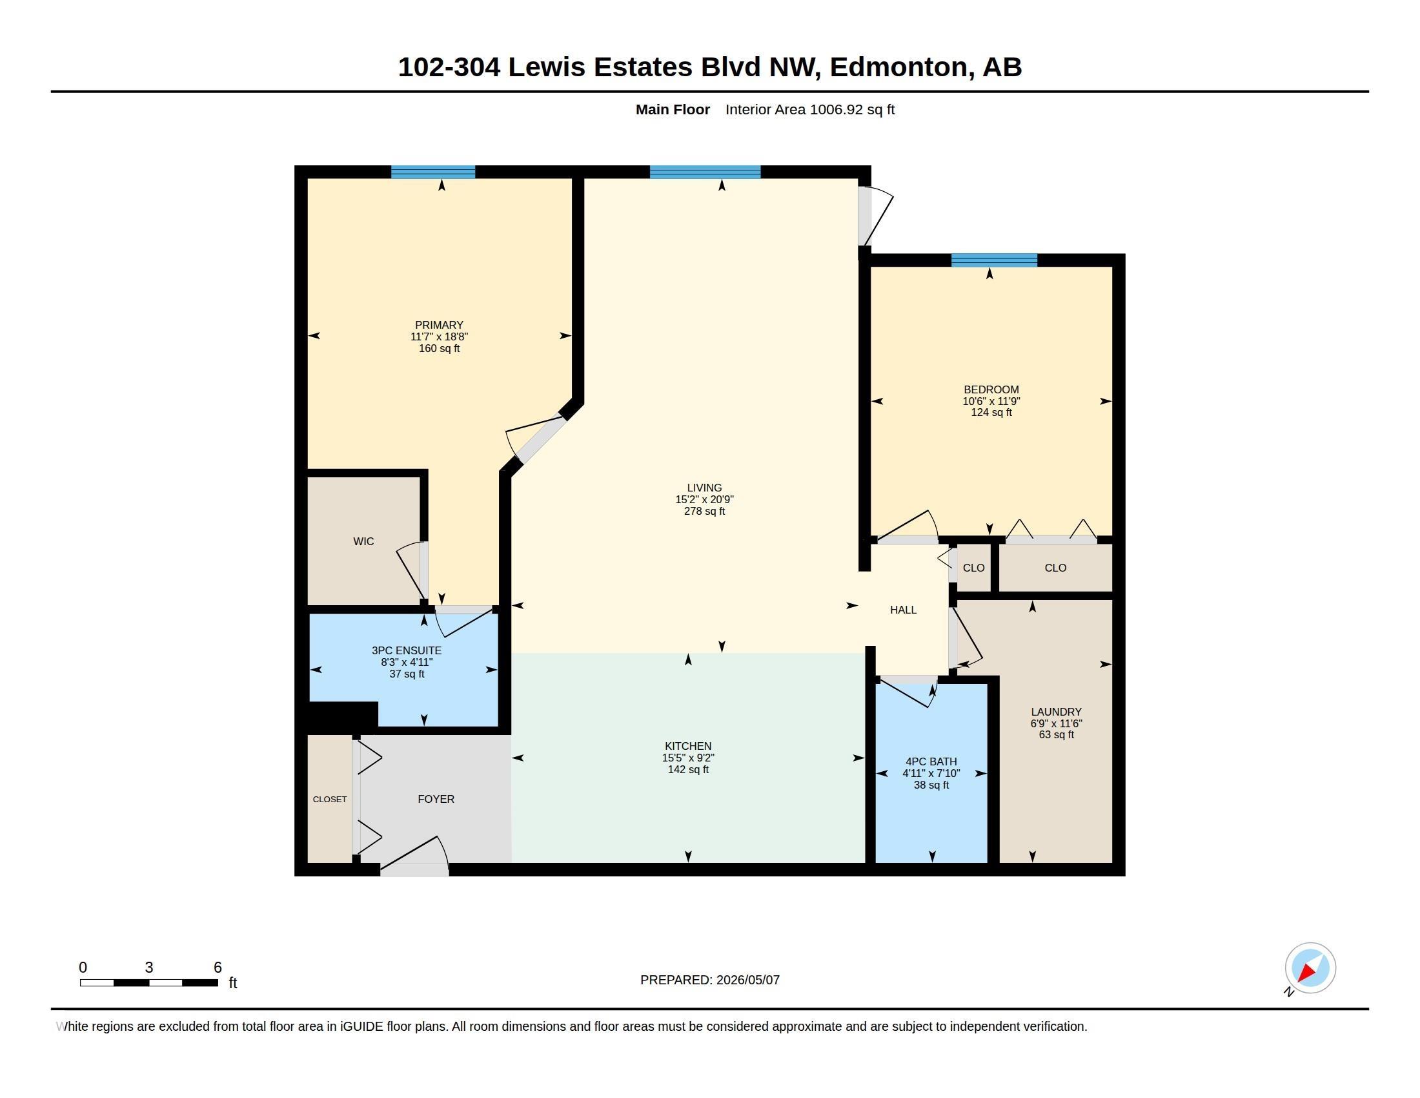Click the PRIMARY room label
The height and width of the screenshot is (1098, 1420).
pos(439,326)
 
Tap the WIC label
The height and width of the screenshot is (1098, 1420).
pos(363,541)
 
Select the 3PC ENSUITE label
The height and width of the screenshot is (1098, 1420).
pos(407,650)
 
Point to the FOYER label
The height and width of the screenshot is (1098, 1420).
pos(436,799)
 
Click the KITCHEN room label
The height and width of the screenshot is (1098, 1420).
pos(688,746)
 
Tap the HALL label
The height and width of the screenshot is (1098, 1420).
pos(903,610)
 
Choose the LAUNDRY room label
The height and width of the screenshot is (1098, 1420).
pos(1056,712)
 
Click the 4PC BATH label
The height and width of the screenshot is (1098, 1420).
pos(931,761)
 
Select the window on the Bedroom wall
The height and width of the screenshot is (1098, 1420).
pos(994,260)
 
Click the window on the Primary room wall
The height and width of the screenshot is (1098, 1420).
pos(433,172)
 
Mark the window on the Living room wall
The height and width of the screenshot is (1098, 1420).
pos(705,172)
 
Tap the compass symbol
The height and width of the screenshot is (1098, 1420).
pos(1310,968)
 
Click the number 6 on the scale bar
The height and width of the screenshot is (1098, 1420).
pos(218,968)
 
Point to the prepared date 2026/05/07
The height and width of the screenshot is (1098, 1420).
pos(747,980)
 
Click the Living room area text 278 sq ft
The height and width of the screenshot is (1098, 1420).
pos(704,512)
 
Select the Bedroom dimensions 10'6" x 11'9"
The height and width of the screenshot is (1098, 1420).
pos(991,401)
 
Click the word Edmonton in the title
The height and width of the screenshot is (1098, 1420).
pos(898,67)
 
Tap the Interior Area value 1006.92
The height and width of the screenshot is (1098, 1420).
pos(835,109)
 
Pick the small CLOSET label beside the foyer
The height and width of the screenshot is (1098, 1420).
pos(330,800)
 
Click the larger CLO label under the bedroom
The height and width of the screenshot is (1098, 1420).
pos(1055,568)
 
